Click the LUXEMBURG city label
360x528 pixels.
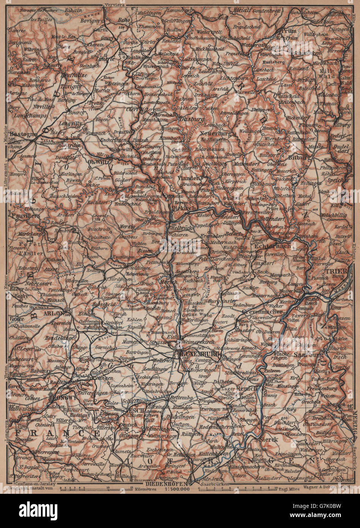197,353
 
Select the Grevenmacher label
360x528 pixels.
262,311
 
